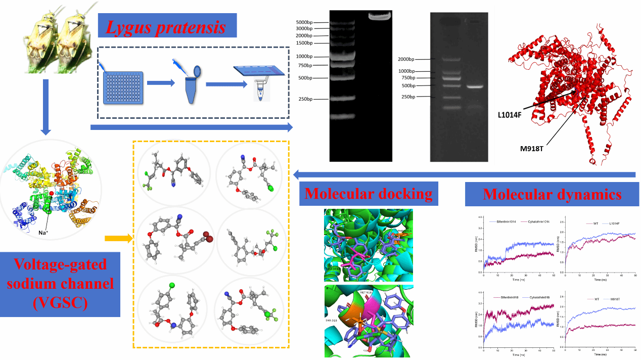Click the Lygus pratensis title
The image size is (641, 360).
(166, 26)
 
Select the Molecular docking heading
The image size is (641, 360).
(369, 194)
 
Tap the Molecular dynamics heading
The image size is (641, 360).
(552, 194)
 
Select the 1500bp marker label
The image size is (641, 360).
(310, 43)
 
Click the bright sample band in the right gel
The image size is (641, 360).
(476, 86)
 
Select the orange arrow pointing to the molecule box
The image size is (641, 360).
(118, 238)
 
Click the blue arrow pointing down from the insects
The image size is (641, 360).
(45, 107)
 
